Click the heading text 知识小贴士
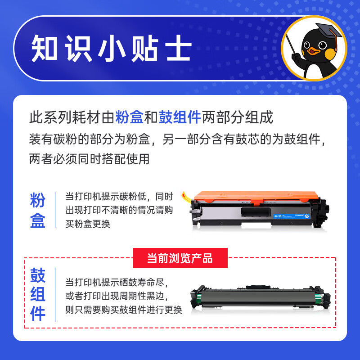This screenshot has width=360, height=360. (x=112, y=49)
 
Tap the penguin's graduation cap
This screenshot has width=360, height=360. (x=328, y=32)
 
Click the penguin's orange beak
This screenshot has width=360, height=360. (x=313, y=51)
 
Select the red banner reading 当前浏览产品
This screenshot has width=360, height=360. (x=180, y=258)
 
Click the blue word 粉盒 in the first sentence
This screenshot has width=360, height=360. (x=129, y=117)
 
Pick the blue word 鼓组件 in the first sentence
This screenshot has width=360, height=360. (x=180, y=117)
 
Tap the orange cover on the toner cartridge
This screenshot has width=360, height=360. (x=256, y=197)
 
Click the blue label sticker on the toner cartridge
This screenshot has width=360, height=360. (x=291, y=216)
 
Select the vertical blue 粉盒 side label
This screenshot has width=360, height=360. (x=37, y=210)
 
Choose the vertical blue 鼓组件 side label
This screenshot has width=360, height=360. (x=38, y=294)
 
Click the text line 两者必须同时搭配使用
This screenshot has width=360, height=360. (x=89, y=159)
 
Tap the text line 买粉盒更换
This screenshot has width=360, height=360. (x=88, y=224)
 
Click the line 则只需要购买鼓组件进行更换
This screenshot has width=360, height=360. (x=124, y=310)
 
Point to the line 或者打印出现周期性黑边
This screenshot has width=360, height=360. (x=117, y=296)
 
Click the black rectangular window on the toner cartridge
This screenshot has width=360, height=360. (x=256, y=211)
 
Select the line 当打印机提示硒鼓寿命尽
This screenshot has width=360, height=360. (x=117, y=282)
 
